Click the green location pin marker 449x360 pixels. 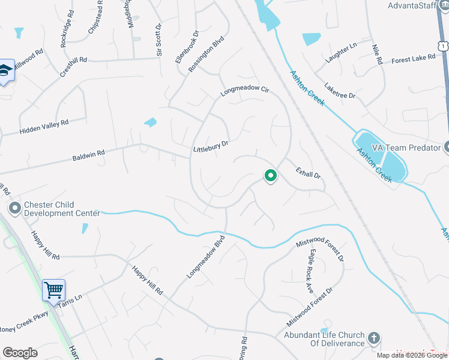click(x=271, y=176)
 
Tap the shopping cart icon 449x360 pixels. click(x=53, y=290)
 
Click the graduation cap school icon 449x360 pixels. click(x=5, y=70)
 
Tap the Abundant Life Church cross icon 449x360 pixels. click(x=374, y=338)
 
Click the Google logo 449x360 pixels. click(x=20, y=353)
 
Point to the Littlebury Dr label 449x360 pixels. click(x=211, y=146)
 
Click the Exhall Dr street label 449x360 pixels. click(x=309, y=174)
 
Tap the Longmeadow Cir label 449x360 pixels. click(x=245, y=91)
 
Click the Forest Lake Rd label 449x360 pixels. click(x=413, y=58)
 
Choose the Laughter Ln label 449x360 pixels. click(x=341, y=52)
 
